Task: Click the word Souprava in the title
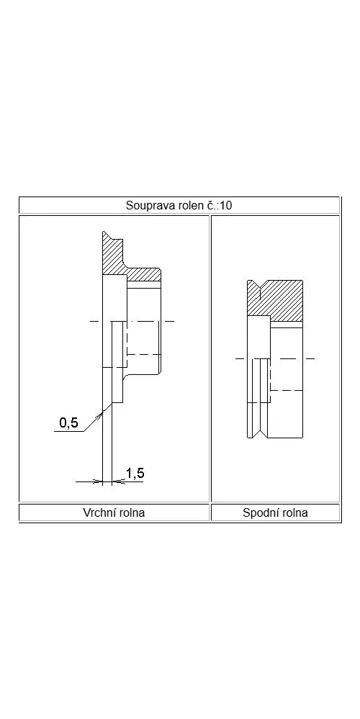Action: [146, 205]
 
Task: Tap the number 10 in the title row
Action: [225, 205]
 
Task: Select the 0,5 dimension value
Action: [69, 422]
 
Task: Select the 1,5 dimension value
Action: [135, 473]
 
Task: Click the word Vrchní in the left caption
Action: [100, 512]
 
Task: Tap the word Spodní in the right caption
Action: [260, 512]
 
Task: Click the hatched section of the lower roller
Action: [275, 298]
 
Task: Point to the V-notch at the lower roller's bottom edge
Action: [259, 432]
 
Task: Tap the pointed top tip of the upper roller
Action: [104, 231]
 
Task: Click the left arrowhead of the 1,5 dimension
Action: [98, 481]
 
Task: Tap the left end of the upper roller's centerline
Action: [90, 321]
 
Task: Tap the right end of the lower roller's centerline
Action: [315, 358]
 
